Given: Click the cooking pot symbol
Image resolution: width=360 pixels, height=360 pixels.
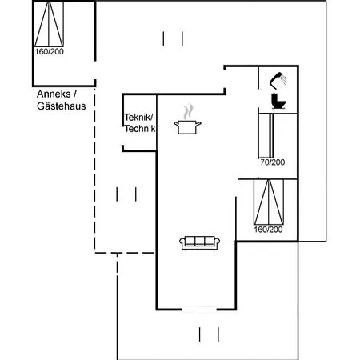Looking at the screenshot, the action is point(187,127).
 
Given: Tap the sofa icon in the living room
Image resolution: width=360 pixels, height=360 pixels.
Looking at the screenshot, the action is point(199,242).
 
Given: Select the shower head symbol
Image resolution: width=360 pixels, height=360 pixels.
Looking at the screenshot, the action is point(278,80).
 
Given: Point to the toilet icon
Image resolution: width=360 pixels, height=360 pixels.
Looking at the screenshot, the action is point(278,101).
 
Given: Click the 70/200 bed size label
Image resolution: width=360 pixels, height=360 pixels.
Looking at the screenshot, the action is point(273,162).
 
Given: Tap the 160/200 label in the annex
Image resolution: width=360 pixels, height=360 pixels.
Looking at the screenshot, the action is point(50,51).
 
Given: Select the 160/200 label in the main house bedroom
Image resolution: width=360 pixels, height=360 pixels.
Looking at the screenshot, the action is point(268,230).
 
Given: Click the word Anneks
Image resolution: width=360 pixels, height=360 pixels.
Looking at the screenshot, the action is point(54,94).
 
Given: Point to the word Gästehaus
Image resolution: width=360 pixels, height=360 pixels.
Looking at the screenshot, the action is point(62,106).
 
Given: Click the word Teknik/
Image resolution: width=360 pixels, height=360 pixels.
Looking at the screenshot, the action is point(138,117).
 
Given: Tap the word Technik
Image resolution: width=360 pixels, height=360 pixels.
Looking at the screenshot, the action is point(140,129).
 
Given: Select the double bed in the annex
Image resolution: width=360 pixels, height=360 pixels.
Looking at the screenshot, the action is point(49,24).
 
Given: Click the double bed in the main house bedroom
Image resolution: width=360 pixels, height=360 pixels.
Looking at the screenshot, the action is point(269,202).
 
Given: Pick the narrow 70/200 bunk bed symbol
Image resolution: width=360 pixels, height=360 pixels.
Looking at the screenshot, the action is point(271,135).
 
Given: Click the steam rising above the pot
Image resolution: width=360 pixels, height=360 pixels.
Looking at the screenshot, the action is point(188,111).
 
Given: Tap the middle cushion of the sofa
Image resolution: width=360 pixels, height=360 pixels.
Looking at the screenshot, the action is point(199,241).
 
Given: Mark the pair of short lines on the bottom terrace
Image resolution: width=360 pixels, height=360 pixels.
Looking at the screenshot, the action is point(209,334).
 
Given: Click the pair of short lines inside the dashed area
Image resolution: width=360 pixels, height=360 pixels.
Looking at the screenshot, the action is point(126,194).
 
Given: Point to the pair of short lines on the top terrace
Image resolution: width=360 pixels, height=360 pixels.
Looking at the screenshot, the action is point(173,38).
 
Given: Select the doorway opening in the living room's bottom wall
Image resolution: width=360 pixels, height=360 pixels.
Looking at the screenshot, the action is point(199,310).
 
